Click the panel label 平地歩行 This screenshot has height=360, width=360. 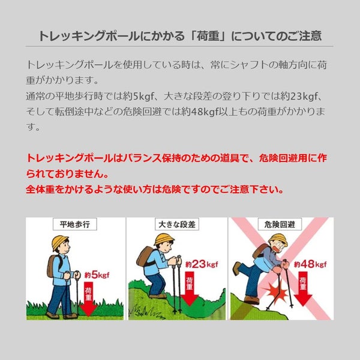[75, 224]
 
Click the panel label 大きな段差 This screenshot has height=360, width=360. [177, 224]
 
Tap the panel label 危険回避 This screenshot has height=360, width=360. [280, 224]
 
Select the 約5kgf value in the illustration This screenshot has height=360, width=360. [97, 275]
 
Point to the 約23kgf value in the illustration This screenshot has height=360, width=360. [202, 264]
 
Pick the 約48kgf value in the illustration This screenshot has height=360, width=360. [310, 264]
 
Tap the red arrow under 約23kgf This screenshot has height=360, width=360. [190, 289]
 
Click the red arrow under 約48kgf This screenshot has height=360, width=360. [303, 289]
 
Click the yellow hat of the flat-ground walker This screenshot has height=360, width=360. [59, 242]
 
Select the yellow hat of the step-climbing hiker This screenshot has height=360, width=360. [163, 239]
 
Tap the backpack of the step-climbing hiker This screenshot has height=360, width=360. [145, 256]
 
